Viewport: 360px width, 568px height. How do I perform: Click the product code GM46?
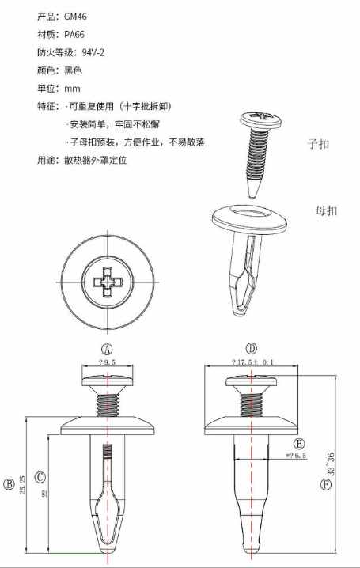point(75,17)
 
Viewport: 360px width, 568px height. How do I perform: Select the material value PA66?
point(74,35)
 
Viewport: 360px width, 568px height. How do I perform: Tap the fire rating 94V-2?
point(93,53)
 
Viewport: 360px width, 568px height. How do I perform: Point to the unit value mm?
point(72,89)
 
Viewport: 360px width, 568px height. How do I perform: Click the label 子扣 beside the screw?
point(318,144)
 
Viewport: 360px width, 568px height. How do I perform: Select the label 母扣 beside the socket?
point(326,210)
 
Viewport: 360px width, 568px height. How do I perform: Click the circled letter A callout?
point(107,349)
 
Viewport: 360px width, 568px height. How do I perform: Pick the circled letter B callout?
point(9,484)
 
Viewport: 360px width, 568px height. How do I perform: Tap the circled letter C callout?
point(40,477)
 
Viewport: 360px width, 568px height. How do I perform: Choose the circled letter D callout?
point(252,349)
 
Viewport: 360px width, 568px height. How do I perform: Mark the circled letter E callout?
point(299,444)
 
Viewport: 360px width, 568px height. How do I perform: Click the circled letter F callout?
point(326,484)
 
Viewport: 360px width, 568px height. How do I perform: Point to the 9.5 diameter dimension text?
point(107,362)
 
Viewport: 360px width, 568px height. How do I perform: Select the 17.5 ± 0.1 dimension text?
point(252,362)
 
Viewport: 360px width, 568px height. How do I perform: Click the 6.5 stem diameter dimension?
point(296,456)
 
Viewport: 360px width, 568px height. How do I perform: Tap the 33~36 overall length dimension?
point(331,464)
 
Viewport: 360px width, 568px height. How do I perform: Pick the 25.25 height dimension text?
point(23,485)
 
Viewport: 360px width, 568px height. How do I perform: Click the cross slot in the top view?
point(108,282)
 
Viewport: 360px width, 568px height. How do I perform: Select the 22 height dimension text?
point(45,494)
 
